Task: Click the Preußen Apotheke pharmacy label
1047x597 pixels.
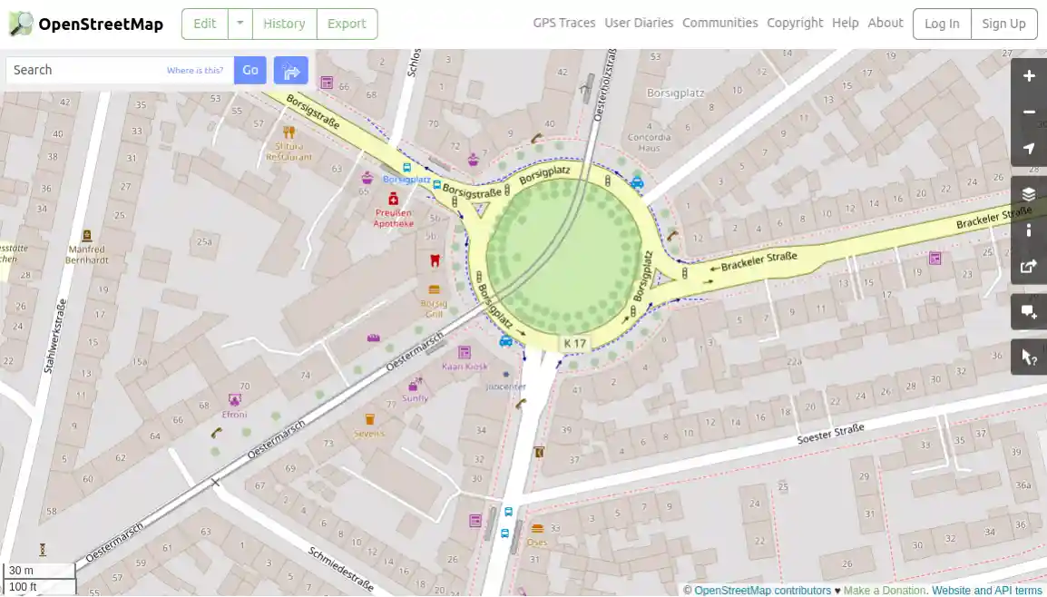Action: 394,218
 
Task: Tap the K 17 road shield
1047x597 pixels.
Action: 575,344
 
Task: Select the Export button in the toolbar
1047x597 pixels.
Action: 347,24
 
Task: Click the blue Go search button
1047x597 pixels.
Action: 250,70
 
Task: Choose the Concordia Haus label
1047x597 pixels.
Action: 650,142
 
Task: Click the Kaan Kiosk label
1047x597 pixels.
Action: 465,367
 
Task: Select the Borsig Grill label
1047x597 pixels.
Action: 434,308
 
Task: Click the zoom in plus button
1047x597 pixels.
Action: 1029,76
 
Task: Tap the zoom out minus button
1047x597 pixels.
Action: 1029,113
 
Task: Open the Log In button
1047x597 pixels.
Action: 942,24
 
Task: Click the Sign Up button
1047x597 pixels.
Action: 1003,24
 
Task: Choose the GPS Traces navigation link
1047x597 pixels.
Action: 564,23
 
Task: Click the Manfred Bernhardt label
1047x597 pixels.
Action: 87,254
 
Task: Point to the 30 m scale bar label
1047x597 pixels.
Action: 22,571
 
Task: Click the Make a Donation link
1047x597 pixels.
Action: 885,591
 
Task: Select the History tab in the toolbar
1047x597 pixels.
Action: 284,24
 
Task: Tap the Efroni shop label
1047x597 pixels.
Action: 234,415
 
